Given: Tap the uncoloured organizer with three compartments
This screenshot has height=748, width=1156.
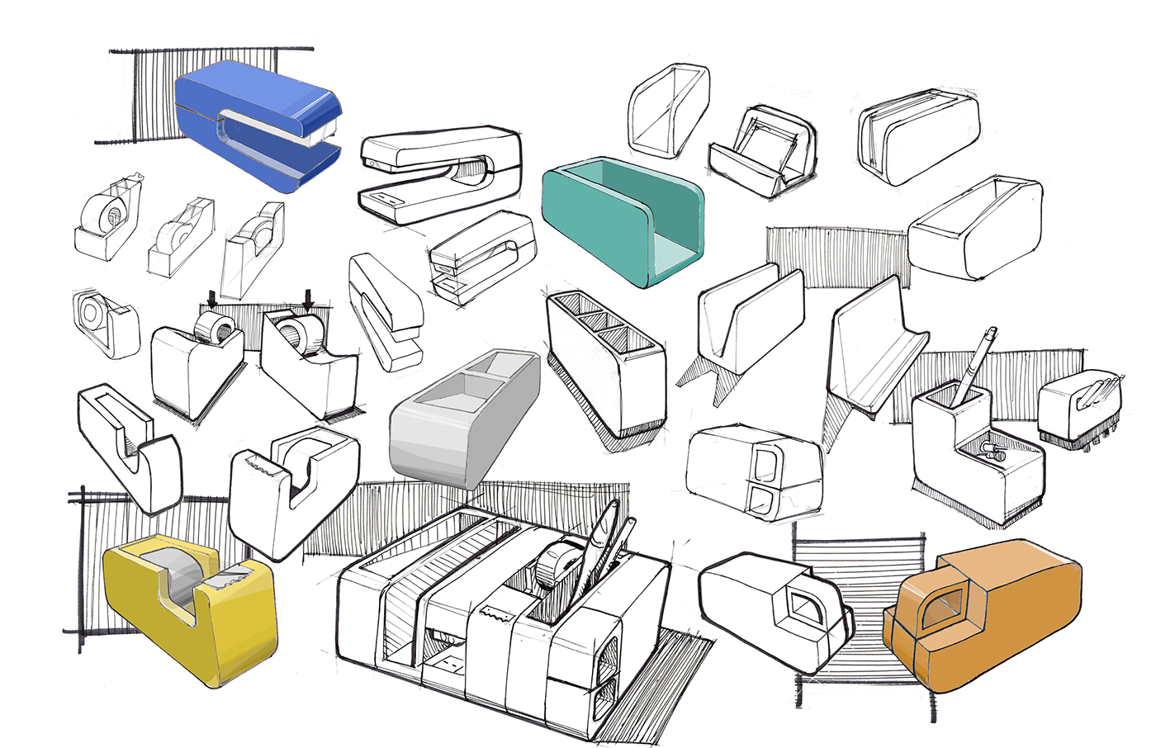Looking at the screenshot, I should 607,363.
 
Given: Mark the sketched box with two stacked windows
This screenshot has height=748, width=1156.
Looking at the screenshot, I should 756,471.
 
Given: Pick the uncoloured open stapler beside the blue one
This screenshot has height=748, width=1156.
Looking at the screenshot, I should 442,173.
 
